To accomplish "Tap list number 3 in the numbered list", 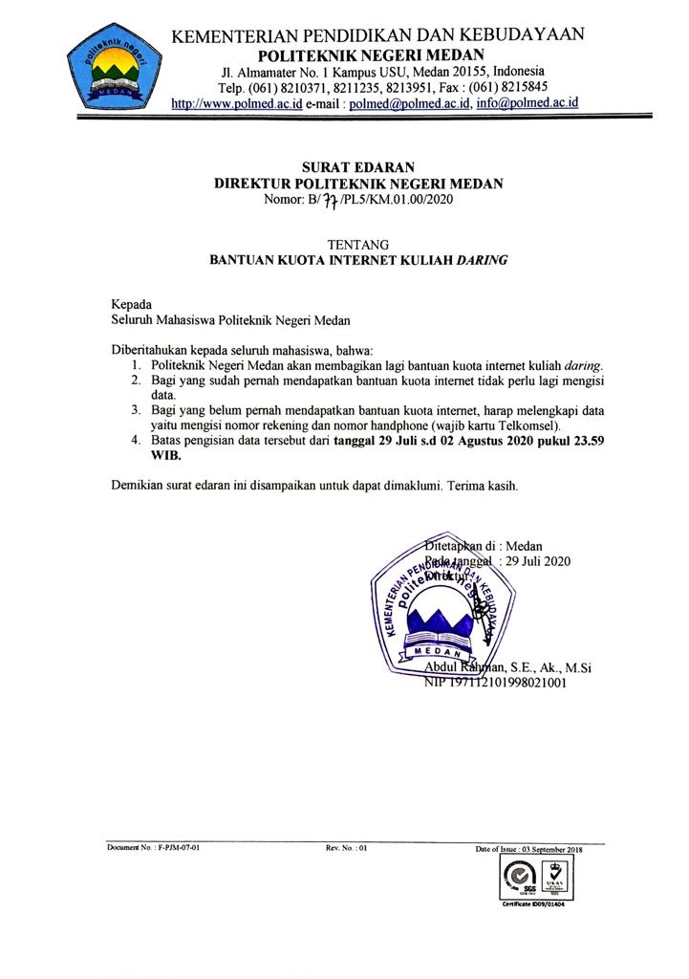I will [x=135, y=409].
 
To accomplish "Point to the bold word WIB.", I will [x=165, y=456].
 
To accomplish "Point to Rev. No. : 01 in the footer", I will [x=346, y=848].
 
